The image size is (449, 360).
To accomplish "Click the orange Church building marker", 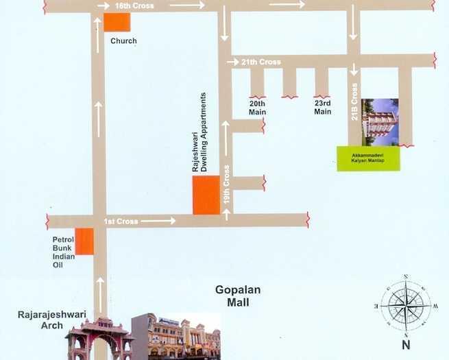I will (117, 22).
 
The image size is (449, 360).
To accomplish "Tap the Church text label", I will (123, 41).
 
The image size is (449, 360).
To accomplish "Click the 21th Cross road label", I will (260, 62).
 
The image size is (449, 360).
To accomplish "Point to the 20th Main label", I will (257, 107).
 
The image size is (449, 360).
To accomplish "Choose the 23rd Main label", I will (323, 107).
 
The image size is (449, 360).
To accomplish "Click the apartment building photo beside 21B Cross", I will (380, 122).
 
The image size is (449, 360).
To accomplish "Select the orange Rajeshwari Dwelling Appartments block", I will (206, 195).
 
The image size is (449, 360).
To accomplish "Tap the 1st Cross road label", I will (121, 221).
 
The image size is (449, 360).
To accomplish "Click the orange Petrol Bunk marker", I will (84, 241).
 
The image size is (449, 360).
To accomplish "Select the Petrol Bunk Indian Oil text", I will (63, 248).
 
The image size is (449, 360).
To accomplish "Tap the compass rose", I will (405, 303).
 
